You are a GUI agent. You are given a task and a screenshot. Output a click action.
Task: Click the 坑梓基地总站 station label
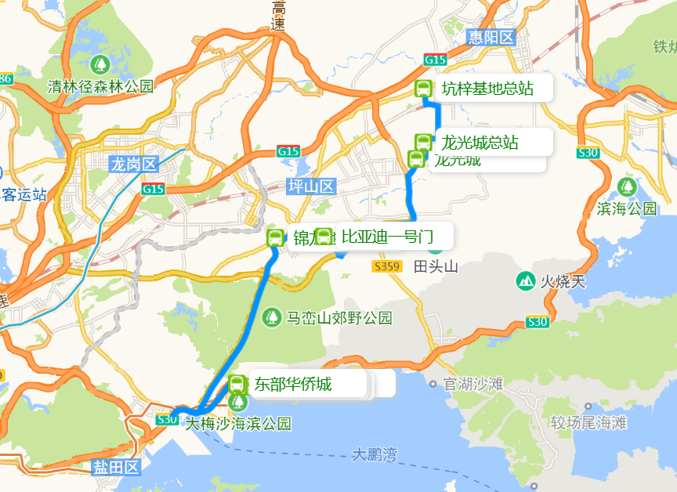coord(487,89)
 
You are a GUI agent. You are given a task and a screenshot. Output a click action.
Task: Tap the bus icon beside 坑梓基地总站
coord(423,89)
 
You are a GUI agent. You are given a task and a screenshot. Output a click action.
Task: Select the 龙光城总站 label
coord(480,143)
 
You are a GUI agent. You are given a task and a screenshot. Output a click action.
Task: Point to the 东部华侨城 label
coord(292,384)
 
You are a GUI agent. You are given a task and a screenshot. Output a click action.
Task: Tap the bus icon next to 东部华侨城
coord(237,384)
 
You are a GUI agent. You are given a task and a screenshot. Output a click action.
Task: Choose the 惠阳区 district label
coord(491,37)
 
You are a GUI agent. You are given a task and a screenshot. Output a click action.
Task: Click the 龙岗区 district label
coord(134,165)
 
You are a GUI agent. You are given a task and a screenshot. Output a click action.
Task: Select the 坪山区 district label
coord(311,186)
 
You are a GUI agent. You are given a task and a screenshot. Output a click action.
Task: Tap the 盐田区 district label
coord(115,468)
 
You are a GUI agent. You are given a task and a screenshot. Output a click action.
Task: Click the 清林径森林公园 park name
coord(101,85)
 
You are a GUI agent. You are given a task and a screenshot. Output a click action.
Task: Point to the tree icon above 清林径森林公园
coord(100,63)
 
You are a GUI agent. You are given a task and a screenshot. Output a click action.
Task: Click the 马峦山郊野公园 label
coord(338,318)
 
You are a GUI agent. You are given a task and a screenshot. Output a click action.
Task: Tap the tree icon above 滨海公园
coord(626,186)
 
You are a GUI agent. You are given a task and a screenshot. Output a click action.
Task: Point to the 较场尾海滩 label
coord(588,423)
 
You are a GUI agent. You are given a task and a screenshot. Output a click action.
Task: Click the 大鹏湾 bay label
coord(375,454)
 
